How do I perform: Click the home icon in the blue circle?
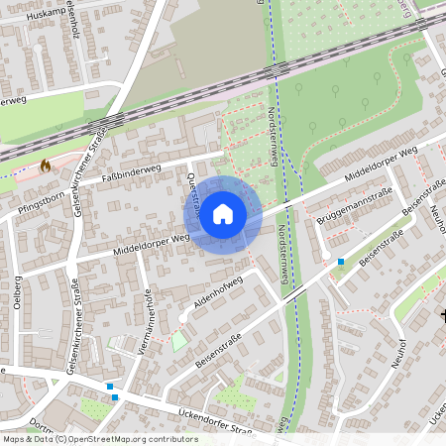click(223, 213)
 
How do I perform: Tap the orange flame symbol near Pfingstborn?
click(45, 166)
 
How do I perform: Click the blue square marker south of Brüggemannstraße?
click(341, 262)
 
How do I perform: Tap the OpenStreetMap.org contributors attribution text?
click(119, 438)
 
